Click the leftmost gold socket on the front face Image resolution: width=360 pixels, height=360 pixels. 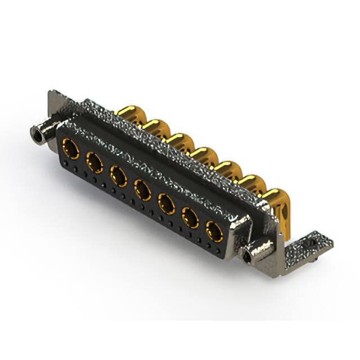[x=71, y=150]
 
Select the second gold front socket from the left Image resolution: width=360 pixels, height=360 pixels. [x=94, y=163]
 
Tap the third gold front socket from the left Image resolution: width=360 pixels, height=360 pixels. [x=119, y=177]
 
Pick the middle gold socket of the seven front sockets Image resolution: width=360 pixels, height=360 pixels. [x=143, y=190]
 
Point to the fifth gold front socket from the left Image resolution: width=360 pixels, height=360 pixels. [x=167, y=204]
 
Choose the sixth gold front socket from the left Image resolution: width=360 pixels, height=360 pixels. [x=191, y=217]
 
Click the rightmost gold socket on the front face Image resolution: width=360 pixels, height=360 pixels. [x=214, y=231]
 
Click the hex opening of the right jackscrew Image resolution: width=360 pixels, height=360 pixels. [x=247, y=255]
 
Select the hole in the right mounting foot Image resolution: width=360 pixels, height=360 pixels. [x=311, y=242]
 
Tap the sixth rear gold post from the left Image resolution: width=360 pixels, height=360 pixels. [x=253, y=186]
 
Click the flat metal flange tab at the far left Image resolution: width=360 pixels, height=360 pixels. [x=56, y=104]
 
